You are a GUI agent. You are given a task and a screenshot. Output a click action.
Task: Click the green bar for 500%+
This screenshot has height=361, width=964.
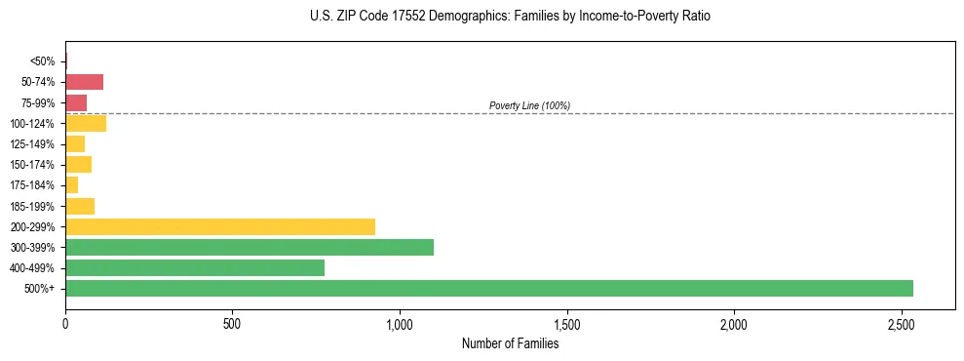pos(488,288)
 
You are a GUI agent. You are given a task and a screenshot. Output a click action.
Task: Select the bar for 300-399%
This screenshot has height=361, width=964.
pos(249,247)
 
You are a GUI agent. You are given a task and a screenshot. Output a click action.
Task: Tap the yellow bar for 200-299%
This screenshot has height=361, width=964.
pos(219,226)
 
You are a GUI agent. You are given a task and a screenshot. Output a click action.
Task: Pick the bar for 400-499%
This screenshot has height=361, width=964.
pos(194,267)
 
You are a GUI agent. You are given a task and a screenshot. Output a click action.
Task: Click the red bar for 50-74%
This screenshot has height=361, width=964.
pos(84,82)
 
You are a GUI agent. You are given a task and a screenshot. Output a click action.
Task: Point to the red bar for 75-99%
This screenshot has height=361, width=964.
pos(76,102)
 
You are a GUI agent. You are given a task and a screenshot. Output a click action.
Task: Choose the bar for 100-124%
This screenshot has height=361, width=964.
pos(86,123)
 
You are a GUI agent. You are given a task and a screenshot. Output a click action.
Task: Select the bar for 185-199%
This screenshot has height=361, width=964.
pos(80,206)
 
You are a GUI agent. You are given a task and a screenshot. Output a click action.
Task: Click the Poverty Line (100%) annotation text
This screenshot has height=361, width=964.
pos(529,105)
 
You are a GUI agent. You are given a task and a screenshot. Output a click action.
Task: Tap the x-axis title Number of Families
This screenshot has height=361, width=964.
pos(510,343)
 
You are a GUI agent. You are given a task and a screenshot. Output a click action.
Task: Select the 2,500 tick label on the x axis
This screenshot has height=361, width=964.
pos(901,323)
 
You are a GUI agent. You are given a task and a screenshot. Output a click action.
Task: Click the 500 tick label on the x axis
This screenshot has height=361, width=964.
pos(232,323)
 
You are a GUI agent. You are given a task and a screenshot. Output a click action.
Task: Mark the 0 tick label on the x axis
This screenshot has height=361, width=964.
pos(65,323)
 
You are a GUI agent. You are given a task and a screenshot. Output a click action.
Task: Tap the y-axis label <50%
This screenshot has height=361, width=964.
pos(43,61)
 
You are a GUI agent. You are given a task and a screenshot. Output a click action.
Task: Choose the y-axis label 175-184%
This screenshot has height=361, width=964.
pos(34,185)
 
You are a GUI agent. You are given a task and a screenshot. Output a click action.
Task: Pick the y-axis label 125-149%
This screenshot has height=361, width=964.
pos(34,144)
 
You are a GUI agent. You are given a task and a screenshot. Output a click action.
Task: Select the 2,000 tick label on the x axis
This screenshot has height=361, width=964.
pos(734,323)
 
